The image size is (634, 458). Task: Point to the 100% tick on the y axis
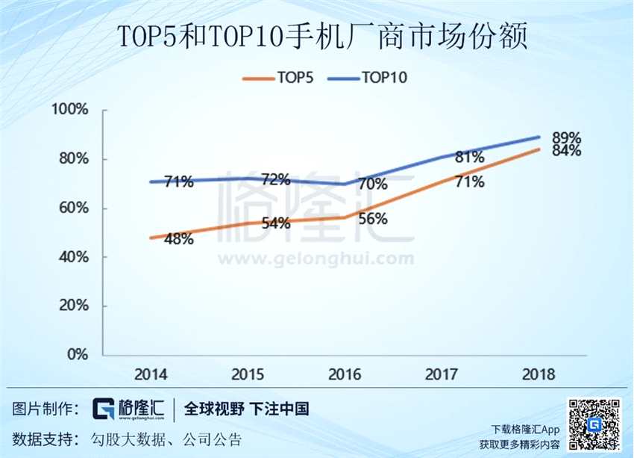pyautogui.click(x=70, y=110)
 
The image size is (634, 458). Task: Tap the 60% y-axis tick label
pyautogui.click(x=73, y=208)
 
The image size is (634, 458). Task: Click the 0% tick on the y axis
pyautogui.click(x=78, y=354)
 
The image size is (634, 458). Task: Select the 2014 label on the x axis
pyautogui.click(x=151, y=374)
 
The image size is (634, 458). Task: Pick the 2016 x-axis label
pyautogui.click(x=345, y=374)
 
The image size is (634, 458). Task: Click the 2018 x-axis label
pyautogui.click(x=539, y=374)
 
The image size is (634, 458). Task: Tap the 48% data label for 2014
pyautogui.click(x=179, y=239)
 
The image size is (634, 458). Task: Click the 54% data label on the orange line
pyautogui.click(x=276, y=223)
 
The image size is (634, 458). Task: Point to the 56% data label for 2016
pyautogui.click(x=372, y=219)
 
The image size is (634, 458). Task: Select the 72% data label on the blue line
pyautogui.click(x=276, y=179)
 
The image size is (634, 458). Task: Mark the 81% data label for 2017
pyautogui.click(x=470, y=157)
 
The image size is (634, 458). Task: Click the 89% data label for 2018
pyautogui.click(x=566, y=138)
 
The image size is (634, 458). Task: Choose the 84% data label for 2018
pyautogui.click(x=566, y=151)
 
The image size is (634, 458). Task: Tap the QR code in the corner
pyautogui.click(x=594, y=424)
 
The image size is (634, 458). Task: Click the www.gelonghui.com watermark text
pyautogui.click(x=315, y=259)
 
